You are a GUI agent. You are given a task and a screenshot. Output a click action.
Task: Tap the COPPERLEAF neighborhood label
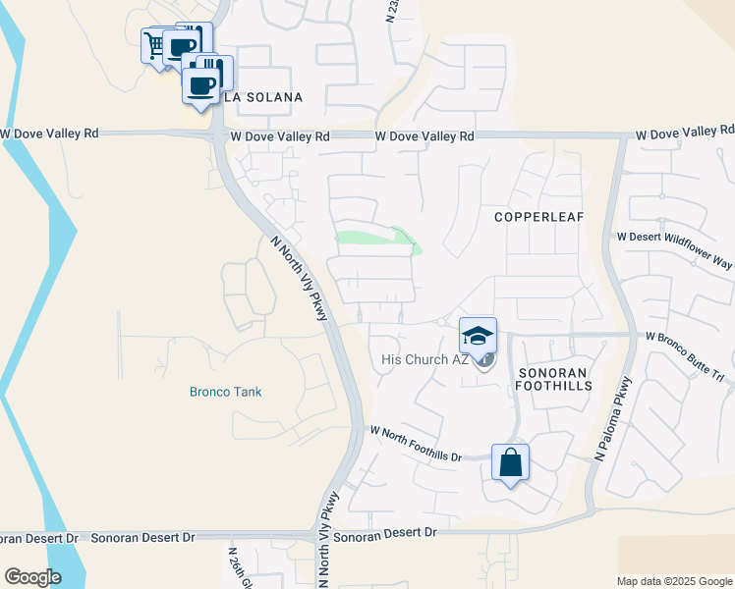[x=532, y=216]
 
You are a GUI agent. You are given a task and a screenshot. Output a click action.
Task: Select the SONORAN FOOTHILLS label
[x=554, y=378]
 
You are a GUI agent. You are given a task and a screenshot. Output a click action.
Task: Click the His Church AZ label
[x=424, y=359]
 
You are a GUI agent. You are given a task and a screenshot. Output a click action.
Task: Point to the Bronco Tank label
[x=226, y=392]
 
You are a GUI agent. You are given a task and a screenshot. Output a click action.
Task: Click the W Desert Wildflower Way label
[x=675, y=237]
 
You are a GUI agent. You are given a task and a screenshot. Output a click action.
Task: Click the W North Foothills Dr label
[x=416, y=443]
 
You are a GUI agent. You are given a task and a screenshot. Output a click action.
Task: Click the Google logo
[x=32, y=577]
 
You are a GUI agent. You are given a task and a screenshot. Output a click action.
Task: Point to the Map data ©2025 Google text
[x=673, y=581]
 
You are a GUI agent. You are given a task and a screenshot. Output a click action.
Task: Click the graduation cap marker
[x=478, y=337]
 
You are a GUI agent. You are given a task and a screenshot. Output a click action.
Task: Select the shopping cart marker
[x=155, y=44]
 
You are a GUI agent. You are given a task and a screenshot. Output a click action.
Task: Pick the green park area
[x=378, y=239]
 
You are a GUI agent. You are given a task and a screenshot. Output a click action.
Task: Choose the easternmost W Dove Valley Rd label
[x=685, y=132]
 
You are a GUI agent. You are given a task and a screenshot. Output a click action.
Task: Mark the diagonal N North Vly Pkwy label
[x=299, y=280]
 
